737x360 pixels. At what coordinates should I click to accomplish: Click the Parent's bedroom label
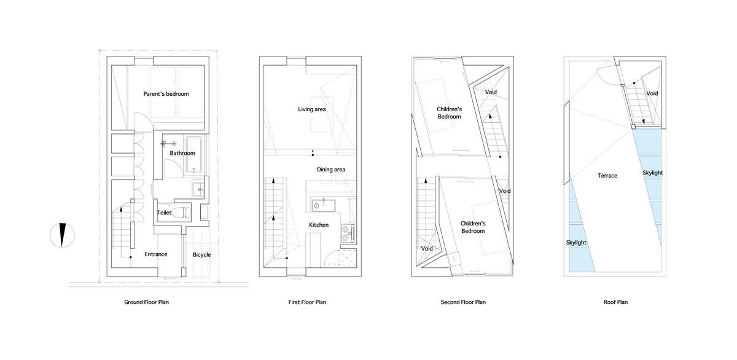[x=166, y=94]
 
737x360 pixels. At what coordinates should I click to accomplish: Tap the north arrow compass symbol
[x=62, y=235]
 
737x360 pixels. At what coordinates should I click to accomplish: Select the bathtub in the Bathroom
[x=194, y=155]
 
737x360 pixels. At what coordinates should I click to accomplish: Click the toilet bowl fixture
[x=181, y=212]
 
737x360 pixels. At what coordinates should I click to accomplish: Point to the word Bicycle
[x=201, y=255]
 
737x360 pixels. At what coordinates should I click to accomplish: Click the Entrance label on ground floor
[x=156, y=254]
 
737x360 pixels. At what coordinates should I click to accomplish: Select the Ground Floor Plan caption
[x=146, y=302]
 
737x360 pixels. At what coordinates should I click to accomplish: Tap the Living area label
[x=312, y=109]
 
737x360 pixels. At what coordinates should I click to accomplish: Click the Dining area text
[x=331, y=170]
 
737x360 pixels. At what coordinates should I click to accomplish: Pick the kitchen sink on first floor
[x=324, y=206]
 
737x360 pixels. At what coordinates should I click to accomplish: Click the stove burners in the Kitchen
[x=348, y=233]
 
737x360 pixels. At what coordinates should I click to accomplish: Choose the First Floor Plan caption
[x=307, y=302]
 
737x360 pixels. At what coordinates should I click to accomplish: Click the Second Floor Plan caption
[x=463, y=302]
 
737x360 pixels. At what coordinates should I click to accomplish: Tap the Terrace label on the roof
[x=607, y=176]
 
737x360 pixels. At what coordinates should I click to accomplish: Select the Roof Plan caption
[x=615, y=302]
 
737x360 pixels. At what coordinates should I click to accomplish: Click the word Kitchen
[x=319, y=225]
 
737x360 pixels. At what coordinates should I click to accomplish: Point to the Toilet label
[x=164, y=213]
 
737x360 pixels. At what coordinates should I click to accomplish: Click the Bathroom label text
[x=182, y=153]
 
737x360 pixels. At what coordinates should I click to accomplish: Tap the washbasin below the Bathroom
[x=198, y=189]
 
